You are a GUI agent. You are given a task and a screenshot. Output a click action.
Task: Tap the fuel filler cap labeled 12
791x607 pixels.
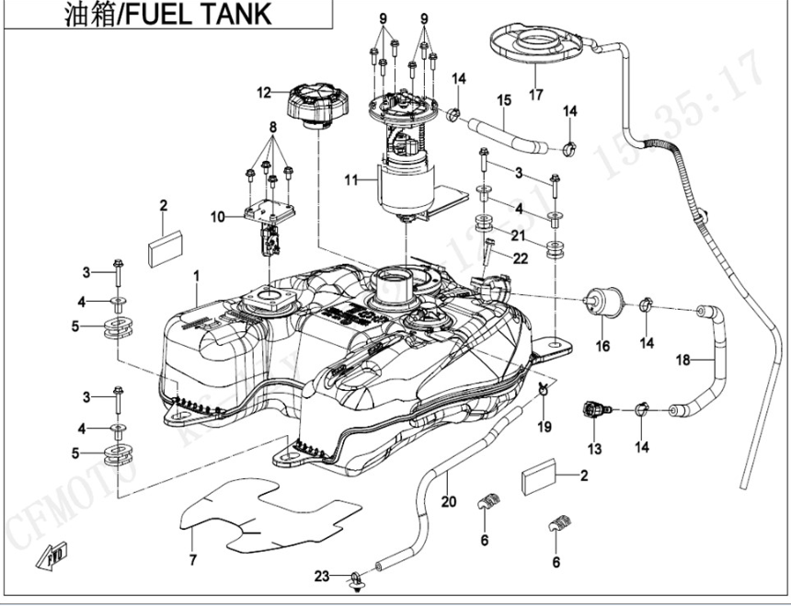pos(316,102)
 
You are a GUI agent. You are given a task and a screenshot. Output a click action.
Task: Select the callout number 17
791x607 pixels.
pos(536,94)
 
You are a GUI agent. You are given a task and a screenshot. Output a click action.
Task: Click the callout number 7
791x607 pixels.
pos(192,559)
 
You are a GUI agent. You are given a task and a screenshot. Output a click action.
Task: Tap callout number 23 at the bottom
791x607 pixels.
pos(321,577)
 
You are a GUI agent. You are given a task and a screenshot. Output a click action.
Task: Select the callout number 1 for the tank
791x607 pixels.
pos(196,275)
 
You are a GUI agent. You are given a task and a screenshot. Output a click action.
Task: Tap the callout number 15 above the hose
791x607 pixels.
pos(504,99)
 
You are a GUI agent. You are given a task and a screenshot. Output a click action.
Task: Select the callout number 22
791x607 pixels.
pos(521,258)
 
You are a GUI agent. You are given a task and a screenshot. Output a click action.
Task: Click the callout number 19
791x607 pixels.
pos(544,427)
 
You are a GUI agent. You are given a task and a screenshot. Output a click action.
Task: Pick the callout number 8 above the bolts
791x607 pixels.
pos(272,126)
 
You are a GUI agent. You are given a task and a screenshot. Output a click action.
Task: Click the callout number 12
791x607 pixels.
pos(263,92)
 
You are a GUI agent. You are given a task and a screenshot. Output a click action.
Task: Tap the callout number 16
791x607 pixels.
pos(603,346)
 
